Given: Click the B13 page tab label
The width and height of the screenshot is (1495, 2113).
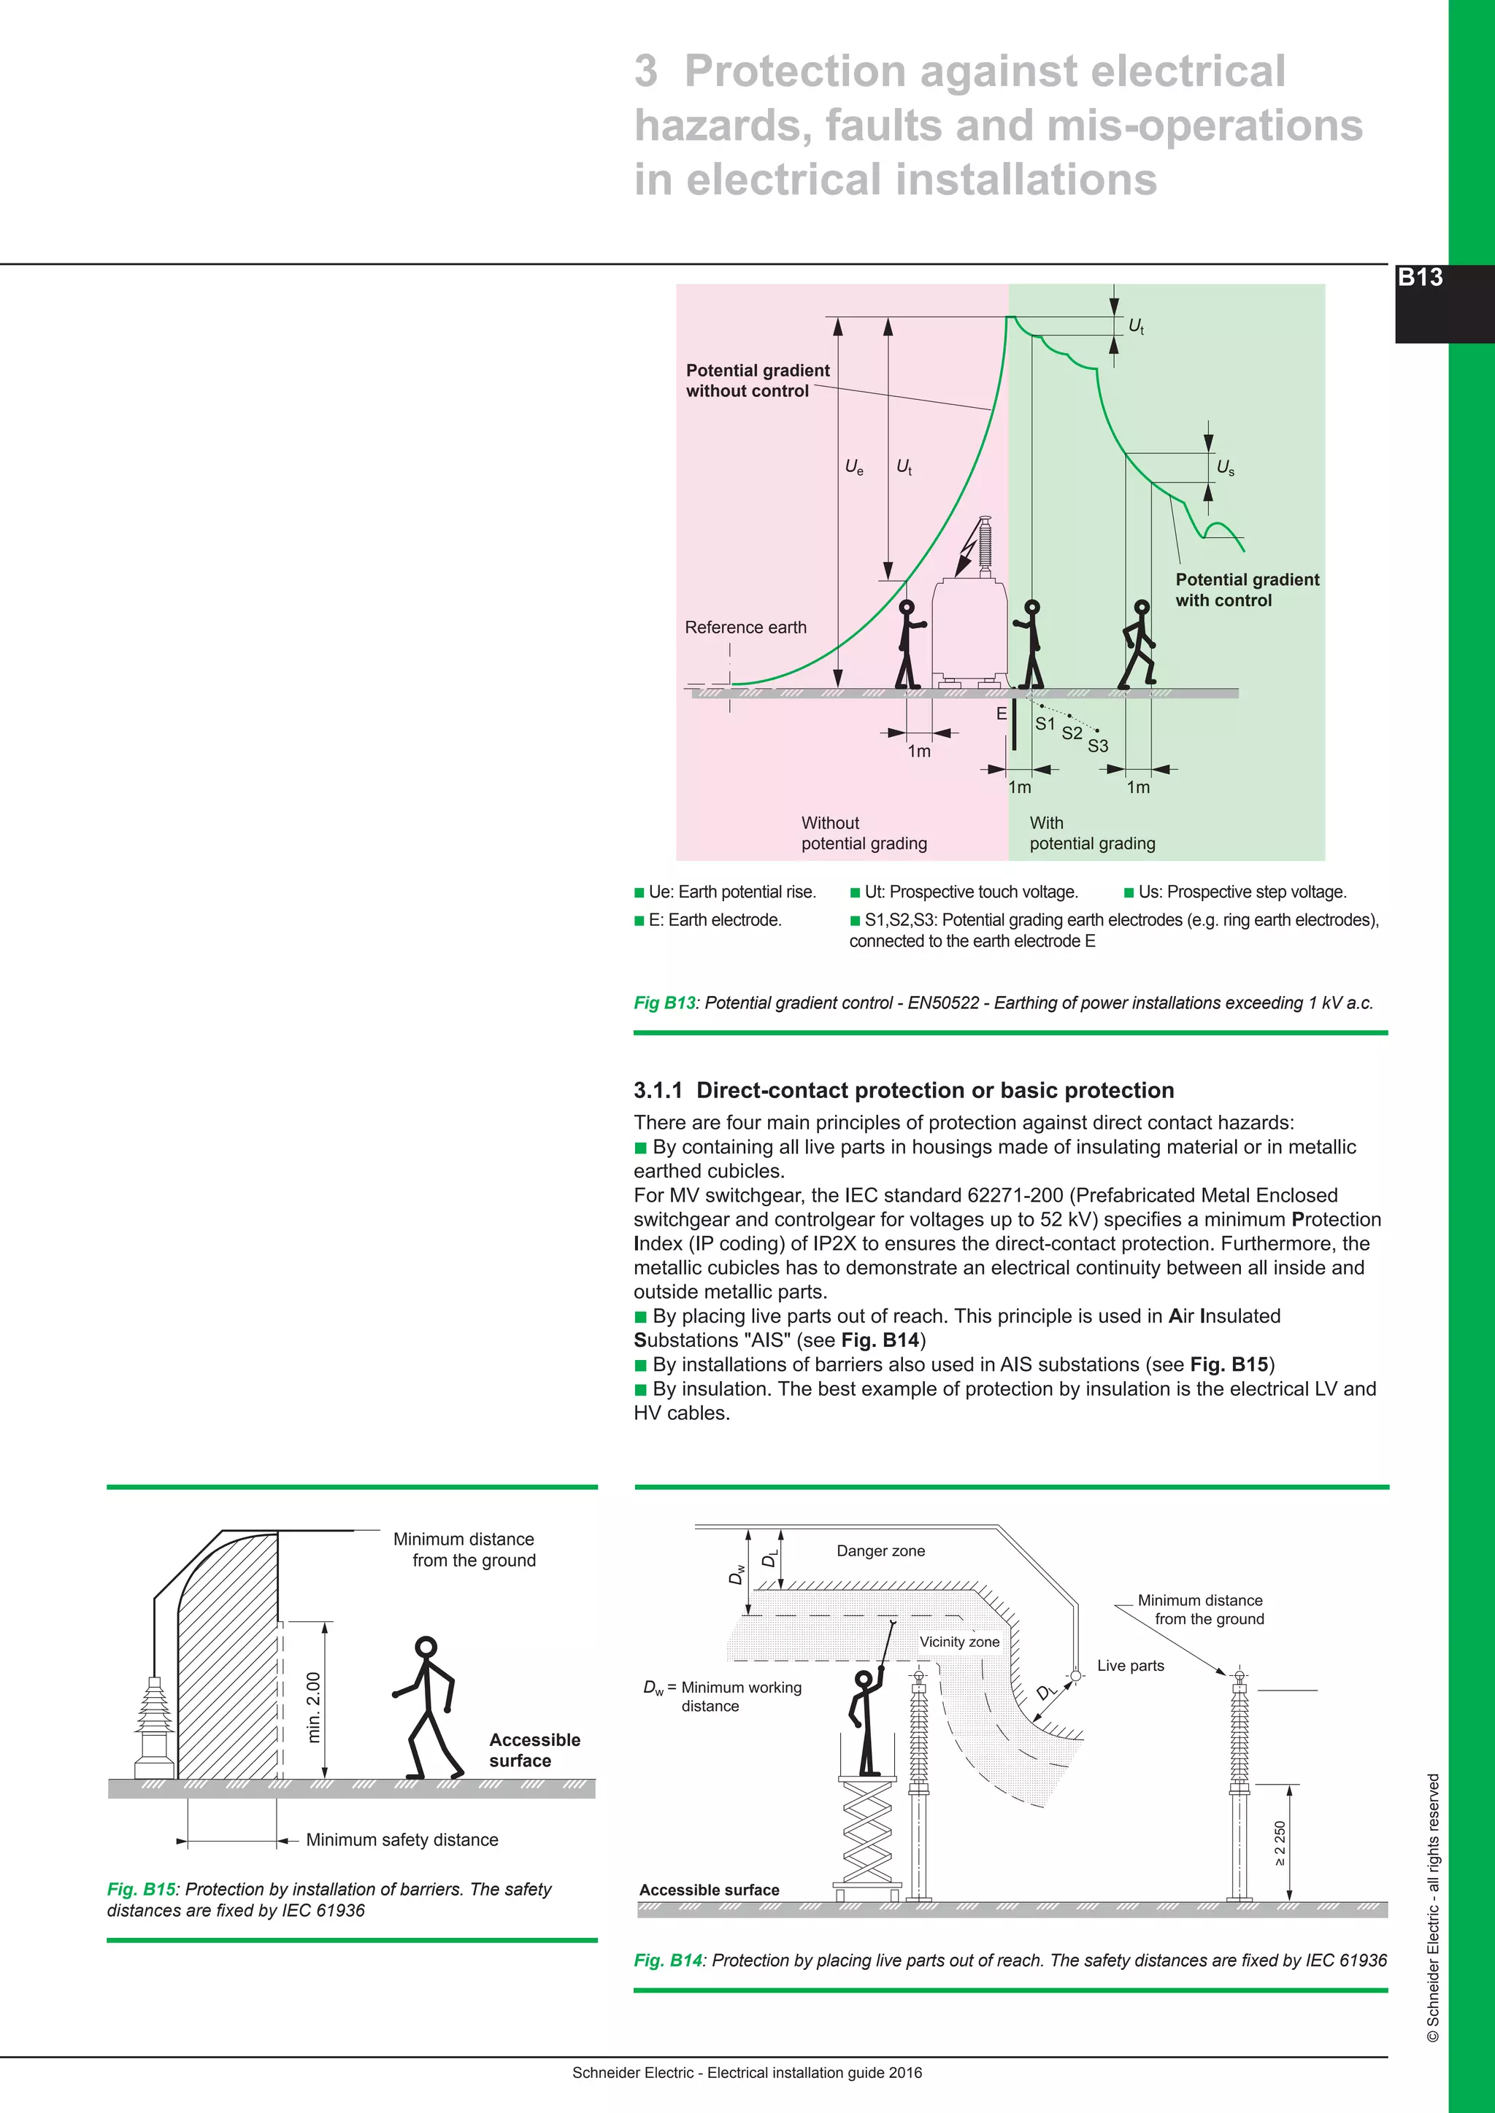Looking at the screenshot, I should click(x=1420, y=277).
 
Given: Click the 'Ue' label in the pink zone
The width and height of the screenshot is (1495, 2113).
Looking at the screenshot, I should click(x=854, y=468).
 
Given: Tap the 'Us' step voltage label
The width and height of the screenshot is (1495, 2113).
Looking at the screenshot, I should click(x=1226, y=468).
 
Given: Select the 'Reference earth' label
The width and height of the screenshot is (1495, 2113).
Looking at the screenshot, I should click(x=745, y=627).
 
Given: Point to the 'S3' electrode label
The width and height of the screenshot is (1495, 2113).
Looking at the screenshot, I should click(x=1097, y=746).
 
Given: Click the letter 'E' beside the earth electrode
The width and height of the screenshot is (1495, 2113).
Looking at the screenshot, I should click(x=1002, y=714).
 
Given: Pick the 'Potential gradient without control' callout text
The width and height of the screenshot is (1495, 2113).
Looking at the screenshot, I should click(x=757, y=380).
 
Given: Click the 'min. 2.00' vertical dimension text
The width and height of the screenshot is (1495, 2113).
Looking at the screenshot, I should click(x=314, y=1707).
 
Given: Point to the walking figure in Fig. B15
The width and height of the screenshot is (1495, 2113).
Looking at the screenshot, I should click(x=426, y=1708).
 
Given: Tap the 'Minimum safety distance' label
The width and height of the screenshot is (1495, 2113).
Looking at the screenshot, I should click(x=401, y=1839).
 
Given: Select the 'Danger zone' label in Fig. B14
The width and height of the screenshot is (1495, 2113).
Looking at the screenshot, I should click(x=880, y=1550).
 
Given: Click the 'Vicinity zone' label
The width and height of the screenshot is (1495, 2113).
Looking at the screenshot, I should click(x=958, y=1642).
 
